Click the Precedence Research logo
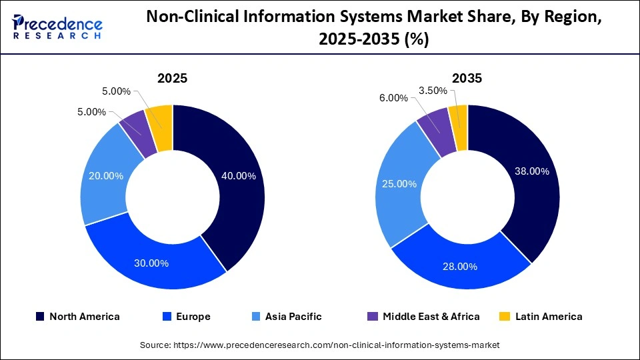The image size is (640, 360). pos(57,27)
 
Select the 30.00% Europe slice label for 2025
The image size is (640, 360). pos(151,263)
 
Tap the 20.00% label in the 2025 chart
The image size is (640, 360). pos(106,175)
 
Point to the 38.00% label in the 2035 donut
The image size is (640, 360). pos(531,171)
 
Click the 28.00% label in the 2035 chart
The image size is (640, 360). pos(460,267)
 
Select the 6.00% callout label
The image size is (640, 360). pos(393,97)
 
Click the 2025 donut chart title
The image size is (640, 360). pos(172,78)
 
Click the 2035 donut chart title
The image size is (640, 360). pos(467,78)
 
